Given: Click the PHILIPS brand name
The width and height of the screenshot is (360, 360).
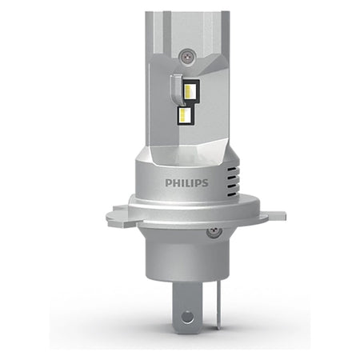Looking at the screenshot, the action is (186, 183).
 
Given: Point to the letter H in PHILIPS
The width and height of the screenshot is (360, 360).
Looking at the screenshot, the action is (176, 183).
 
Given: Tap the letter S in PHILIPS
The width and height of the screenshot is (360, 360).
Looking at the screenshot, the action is (205, 183).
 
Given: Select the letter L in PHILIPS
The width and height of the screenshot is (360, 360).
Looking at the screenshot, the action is (187, 183).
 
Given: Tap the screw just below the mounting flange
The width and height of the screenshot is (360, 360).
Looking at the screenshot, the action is (214, 232).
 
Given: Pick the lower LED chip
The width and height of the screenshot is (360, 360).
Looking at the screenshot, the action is (185, 114).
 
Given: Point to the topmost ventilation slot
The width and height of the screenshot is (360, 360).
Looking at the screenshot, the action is (232, 170).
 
